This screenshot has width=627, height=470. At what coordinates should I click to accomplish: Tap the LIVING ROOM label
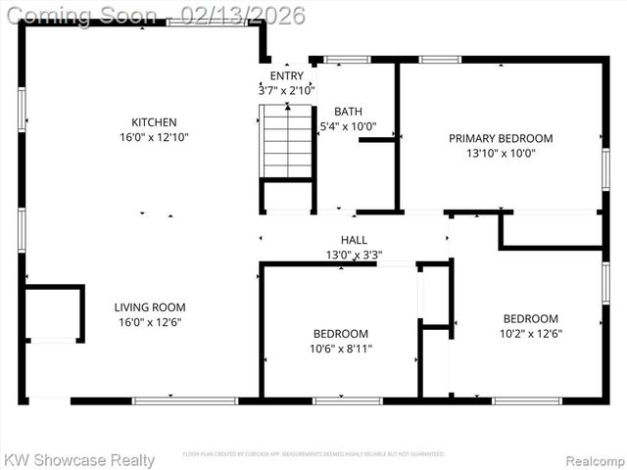click(150, 306)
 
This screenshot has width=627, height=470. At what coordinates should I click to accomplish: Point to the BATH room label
click(348, 112)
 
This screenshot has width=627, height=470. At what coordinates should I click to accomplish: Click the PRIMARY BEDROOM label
click(501, 138)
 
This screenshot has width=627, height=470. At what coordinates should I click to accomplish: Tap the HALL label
click(354, 240)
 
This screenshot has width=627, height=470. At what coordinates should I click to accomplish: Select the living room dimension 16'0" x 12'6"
click(150, 321)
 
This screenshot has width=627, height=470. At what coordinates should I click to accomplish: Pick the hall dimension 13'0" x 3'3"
click(354, 255)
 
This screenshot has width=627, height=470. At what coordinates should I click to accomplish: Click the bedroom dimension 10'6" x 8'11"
click(341, 348)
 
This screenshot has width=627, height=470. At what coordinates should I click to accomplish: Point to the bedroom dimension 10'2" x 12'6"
click(531, 333)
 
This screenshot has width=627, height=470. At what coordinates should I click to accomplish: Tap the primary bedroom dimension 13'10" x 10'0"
click(501, 153)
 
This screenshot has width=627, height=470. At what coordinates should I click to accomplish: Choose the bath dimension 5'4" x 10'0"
click(348, 126)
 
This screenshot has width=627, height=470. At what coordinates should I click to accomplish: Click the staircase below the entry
click(287, 142)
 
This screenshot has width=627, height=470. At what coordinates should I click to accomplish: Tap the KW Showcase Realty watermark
click(80, 459)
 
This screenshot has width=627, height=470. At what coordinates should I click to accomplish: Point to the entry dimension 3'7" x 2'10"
click(280, 90)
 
